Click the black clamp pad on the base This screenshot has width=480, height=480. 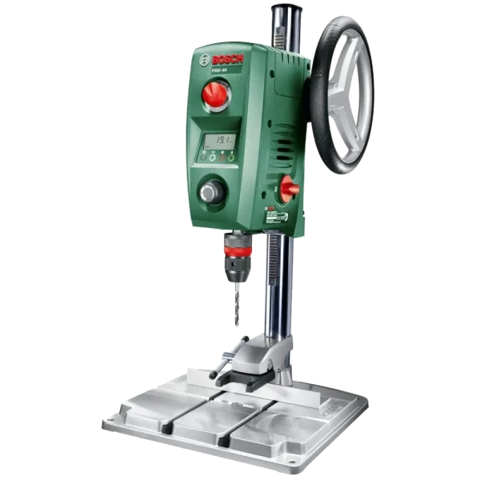point(257,380)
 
